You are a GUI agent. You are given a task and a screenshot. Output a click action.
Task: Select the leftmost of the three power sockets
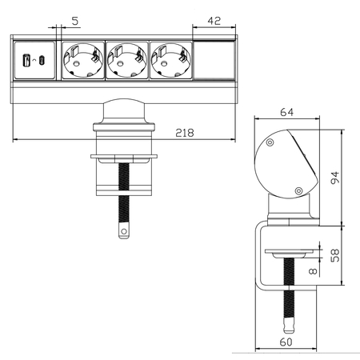pyautogui.click(x=82, y=61)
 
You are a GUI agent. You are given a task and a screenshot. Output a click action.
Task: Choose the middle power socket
pyautogui.click(x=126, y=61)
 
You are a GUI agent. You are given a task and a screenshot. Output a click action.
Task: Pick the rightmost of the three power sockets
pyautogui.click(x=170, y=61)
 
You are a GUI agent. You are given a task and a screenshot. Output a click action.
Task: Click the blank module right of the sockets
pyautogui.click(x=215, y=61)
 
